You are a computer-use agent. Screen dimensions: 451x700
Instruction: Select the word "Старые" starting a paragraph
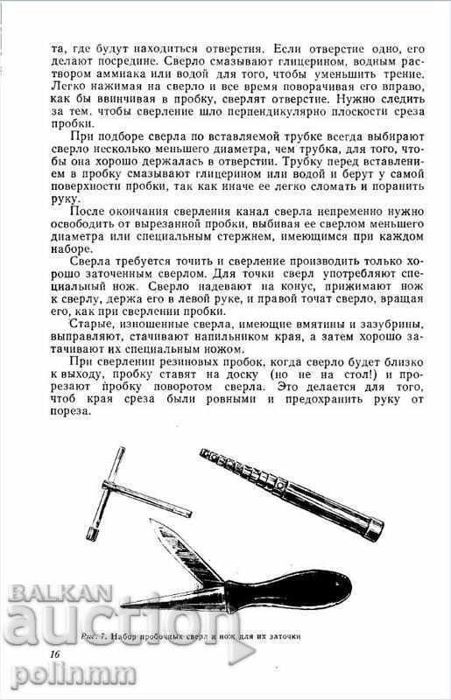(x=96, y=323)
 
